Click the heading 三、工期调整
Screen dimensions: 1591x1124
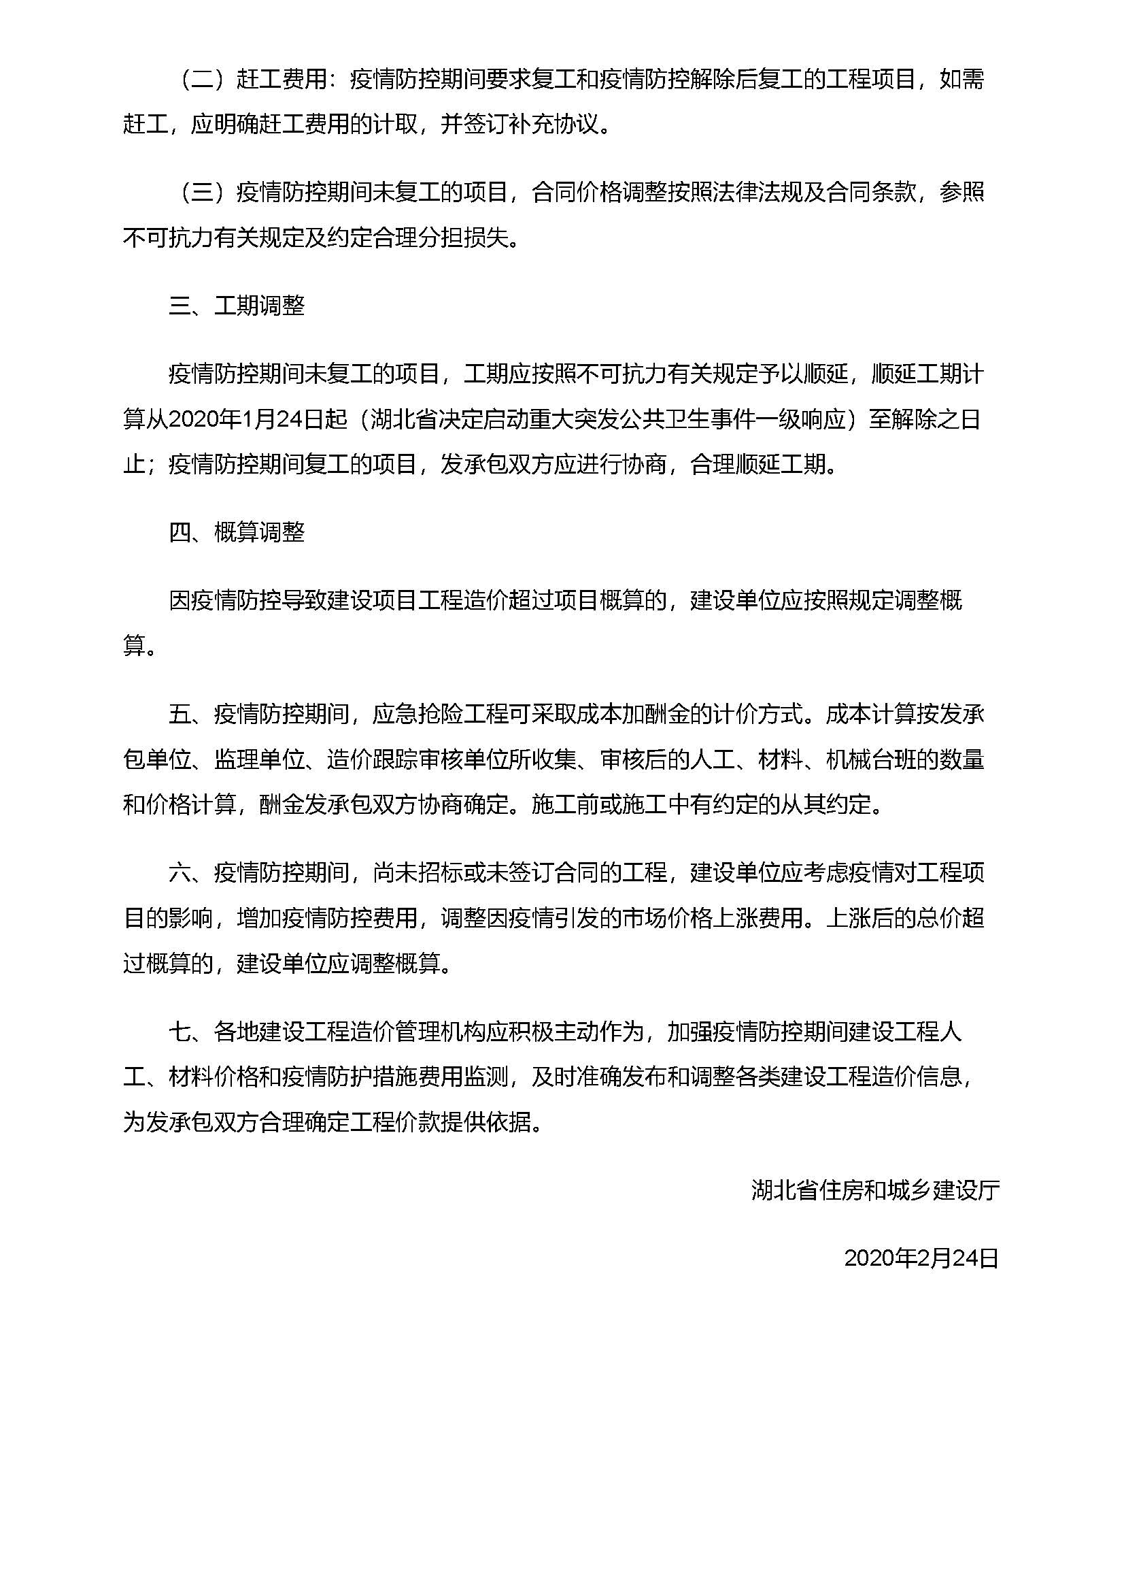point(237,306)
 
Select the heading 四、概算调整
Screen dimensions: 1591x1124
point(237,532)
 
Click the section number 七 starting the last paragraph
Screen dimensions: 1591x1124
point(180,1032)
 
